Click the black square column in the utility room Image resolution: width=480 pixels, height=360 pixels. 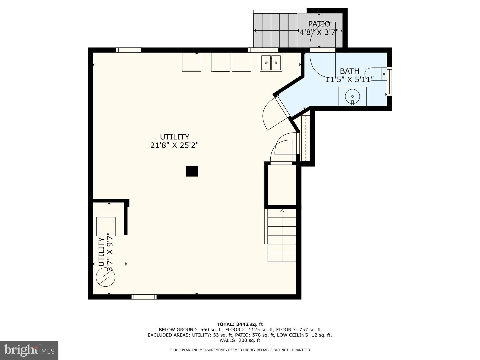pos(192,171)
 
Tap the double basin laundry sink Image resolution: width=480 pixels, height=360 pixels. pos(271,63)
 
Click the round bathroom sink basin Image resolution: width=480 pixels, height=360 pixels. pos(353,96)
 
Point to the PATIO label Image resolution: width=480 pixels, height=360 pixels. pos(319,24)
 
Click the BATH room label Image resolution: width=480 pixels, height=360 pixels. pos(349,71)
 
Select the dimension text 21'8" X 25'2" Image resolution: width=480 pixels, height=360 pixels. pos(174,145)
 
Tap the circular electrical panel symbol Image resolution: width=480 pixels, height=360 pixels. pos(106,277)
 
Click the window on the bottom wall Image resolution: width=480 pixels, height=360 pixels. pos(144,297)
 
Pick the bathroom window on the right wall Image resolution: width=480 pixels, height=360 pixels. pos(389,82)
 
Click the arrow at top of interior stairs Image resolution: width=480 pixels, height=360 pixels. pos(282,211)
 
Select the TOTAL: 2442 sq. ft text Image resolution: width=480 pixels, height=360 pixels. pos(240,324)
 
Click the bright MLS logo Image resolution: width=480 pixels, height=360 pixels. pos(29,350)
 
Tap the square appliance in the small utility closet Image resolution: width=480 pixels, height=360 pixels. pos(106,226)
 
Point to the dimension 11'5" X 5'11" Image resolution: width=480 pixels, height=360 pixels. pos(349,79)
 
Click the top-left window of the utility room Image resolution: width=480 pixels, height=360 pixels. pos(129,50)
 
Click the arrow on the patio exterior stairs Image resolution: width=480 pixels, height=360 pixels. pos(255,31)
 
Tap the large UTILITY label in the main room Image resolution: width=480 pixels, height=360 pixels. pos(174,137)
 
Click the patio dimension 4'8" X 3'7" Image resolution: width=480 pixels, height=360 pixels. pos(319,32)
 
